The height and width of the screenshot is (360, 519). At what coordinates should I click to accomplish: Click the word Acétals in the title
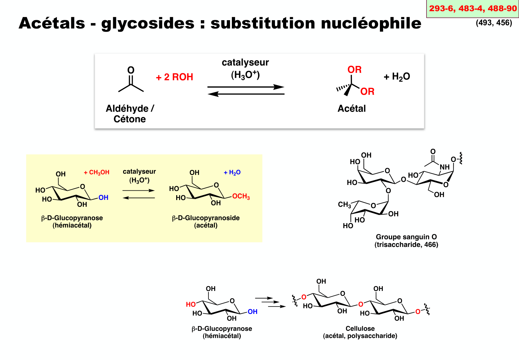coord(52,23)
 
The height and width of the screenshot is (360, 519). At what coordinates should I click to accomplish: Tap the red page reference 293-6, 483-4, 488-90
coord(473,9)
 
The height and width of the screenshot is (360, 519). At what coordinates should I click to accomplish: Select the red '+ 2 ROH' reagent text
coord(175,77)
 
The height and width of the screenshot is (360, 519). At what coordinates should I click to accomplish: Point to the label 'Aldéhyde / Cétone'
coord(130,114)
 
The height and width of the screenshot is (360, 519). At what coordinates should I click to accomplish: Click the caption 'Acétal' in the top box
coord(351,109)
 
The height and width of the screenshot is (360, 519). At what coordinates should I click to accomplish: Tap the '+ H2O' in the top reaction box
coord(397,77)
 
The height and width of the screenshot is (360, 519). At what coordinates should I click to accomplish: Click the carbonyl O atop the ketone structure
coord(131,70)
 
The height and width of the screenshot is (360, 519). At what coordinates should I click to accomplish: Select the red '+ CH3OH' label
coord(97,172)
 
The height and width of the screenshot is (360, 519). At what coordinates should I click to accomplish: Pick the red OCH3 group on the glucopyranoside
coord(241,196)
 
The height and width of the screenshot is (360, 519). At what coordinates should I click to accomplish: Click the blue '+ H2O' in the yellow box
coord(232,173)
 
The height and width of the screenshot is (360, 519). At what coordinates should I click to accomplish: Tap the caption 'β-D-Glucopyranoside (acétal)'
coord(206,221)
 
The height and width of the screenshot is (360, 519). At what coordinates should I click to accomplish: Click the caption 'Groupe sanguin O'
coord(406,237)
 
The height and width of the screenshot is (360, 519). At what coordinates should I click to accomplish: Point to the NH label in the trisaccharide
coord(444,167)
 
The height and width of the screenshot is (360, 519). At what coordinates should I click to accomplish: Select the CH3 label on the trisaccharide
coord(344,205)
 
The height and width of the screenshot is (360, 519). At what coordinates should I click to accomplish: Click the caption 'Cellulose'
coord(360,329)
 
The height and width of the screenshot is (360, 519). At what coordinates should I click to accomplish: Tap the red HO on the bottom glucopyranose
coord(191,305)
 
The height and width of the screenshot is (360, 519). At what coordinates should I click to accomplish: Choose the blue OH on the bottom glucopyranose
coord(252,312)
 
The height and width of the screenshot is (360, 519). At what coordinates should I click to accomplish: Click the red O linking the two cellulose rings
coord(361,304)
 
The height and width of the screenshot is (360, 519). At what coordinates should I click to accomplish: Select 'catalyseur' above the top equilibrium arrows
coord(245,62)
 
